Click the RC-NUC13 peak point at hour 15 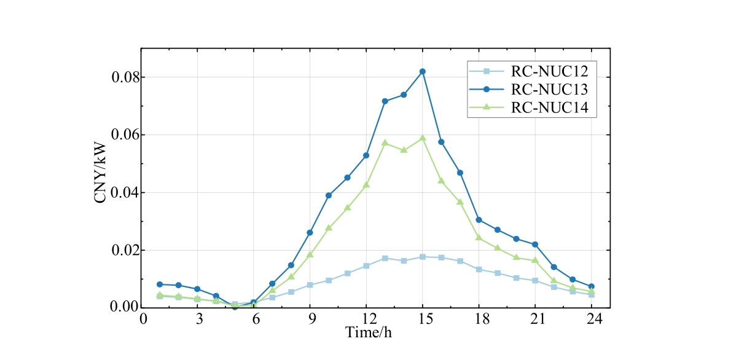point(423,71)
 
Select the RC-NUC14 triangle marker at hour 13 point(385,143)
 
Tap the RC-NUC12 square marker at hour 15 point(423,256)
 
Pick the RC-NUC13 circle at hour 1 point(160,284)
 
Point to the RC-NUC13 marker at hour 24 point(592,286)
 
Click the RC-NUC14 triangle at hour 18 point(479,237)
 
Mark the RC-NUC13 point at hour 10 point(329,195)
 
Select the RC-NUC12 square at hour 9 point(310,285)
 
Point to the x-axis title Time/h point(368,334)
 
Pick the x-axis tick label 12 point(366,320)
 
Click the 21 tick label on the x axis point(535,320)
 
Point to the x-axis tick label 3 point(198,320)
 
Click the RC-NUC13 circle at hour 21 point(535,245)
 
